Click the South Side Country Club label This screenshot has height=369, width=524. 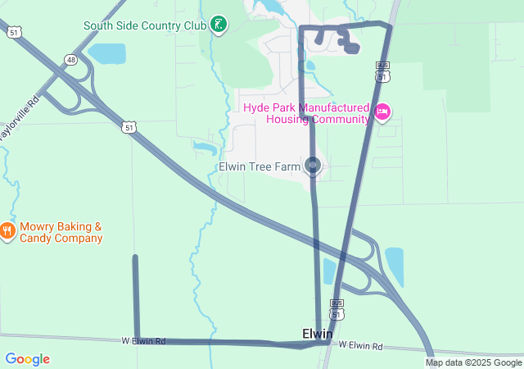click(x=144, y=25)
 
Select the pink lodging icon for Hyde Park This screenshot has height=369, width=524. click(x=382, y=112)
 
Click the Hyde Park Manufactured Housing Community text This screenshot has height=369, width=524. click(x=306, y=113)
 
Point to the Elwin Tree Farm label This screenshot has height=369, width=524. click(x=260, y=167)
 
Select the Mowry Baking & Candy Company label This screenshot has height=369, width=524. click(x=61, y=232)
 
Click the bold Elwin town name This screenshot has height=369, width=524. click(x=317, y=334)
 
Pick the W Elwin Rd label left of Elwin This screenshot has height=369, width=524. click(x=143, y=340)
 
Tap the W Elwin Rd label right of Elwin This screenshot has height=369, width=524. click(x=360, y=346)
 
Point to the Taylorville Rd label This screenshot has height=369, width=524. click(x=21, y=120)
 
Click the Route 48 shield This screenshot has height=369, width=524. click(x=72, y=60)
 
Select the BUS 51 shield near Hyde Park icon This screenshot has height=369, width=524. click(x=382, y=71)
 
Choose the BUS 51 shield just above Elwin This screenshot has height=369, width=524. click(x=337, y=309)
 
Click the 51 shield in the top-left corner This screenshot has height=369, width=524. click(x=15, y=31)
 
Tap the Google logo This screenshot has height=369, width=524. click(x=27, y=359)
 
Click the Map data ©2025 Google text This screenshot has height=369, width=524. click(x=473, y=362)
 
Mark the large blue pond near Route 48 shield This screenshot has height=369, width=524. click(x=106, y=54)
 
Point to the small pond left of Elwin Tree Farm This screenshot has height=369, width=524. click(x=203, y=148)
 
